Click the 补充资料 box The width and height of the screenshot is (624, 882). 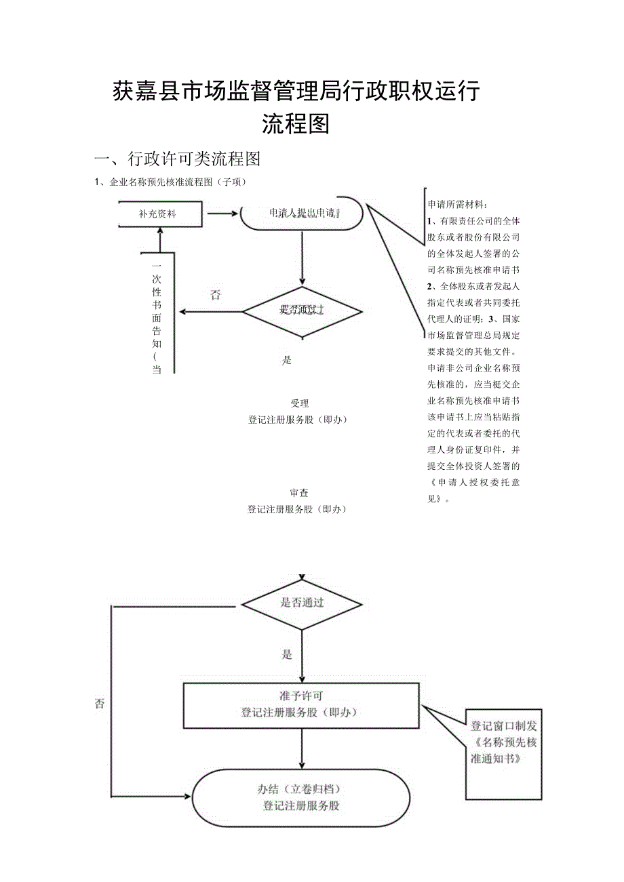pyautogui.click(x=161, y=214)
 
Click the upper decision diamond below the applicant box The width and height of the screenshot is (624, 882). pyautogui.click(x=303, y=311)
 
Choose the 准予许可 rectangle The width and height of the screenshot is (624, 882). pyautogui.click(x=301, y=706)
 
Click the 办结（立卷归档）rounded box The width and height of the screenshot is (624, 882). pyautogui.click(x=301, y=798)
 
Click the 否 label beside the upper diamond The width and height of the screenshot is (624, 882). pyautogui.click(x=215, y=295)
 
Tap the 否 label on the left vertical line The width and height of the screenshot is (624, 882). pyautogui.click(x=100, y=704)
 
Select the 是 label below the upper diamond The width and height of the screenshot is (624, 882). pyautogui.click(x=287, y=361)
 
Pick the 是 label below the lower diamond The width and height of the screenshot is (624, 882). pyautogui.click(x=287, y=655)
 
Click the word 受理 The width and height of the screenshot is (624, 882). pyautogui.click(x=299, y=403)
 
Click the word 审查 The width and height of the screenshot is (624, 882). pyautogui.click(x=299, y=493)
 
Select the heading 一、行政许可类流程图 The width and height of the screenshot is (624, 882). pyautogui.click(x=178, y=159)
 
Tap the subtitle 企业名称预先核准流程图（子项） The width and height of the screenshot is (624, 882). pyautogui.click(x=174, y=182)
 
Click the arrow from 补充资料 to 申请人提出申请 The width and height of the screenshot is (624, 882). pyautogui.click(x=220, y=214)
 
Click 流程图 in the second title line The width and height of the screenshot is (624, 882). pyautogui.click(x=296, y=124)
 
